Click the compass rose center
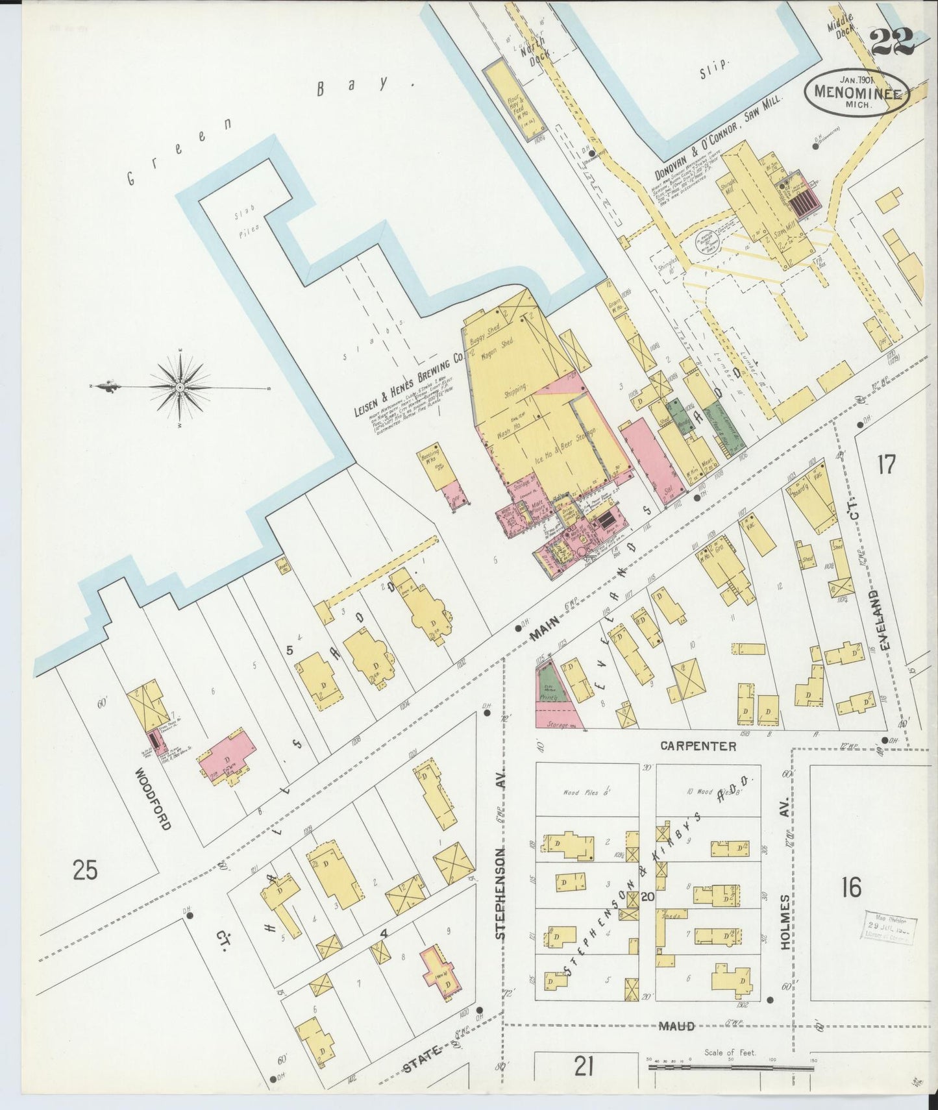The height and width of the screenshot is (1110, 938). tap(180, 387)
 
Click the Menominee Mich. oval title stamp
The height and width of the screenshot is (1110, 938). tap(856, 92)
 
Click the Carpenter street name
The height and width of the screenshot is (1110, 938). tap(698, 746)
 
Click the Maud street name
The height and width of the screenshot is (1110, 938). tap(678, 1026)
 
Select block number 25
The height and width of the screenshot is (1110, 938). tap(85, 869)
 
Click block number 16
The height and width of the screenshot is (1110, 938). tap(850, 886)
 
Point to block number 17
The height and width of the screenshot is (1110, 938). tap(886, 465)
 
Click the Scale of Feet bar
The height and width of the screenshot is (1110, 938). tap(730, 1066)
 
